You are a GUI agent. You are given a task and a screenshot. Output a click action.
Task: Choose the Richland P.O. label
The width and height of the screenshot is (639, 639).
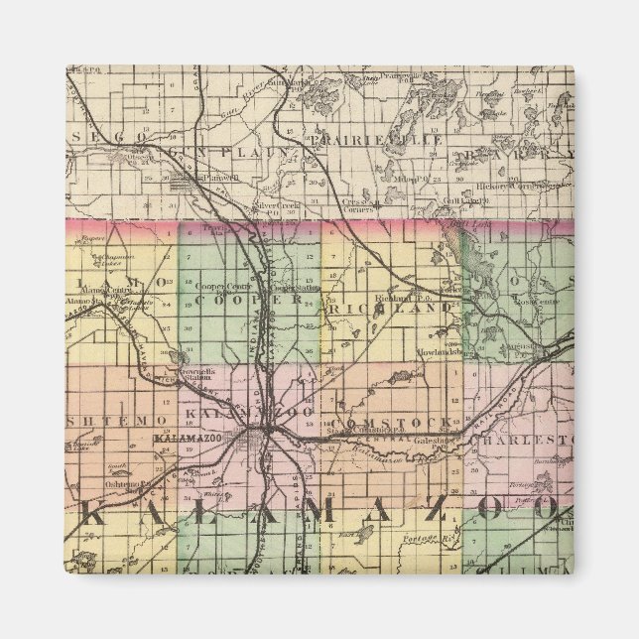[400, 297]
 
